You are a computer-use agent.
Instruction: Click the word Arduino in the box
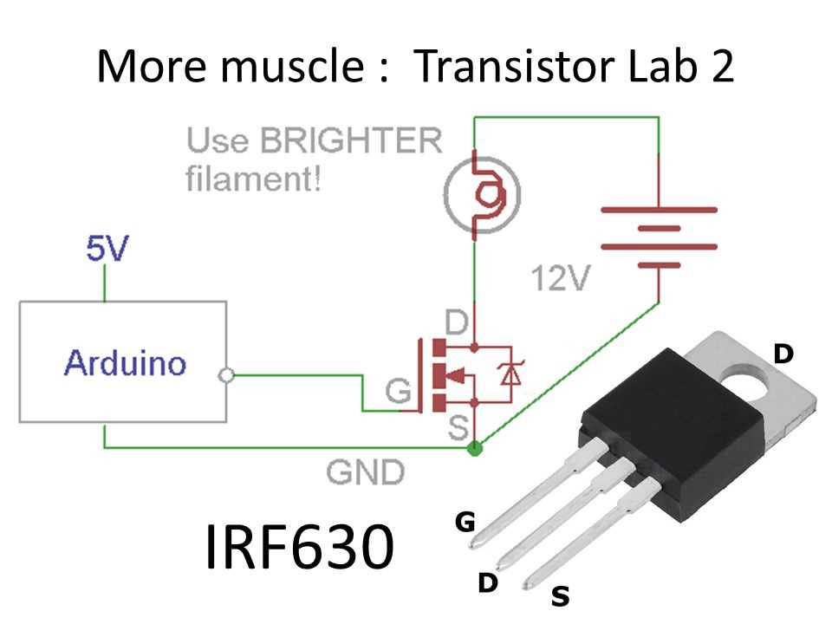coord(125,362)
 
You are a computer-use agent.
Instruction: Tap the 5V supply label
coord(107,250)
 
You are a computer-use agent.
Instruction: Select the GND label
coord(365,472)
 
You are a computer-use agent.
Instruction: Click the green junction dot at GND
coord(474,448)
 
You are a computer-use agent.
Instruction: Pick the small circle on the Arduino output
coord(227,375)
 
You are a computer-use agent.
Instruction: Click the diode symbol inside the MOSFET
coord(510,374)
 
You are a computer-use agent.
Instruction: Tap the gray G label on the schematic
coord(397,393)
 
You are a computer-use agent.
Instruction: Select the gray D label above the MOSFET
coord(457,323)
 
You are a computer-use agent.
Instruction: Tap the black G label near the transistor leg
coord(465,522)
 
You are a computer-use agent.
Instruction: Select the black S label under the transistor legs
coord(561,596)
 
